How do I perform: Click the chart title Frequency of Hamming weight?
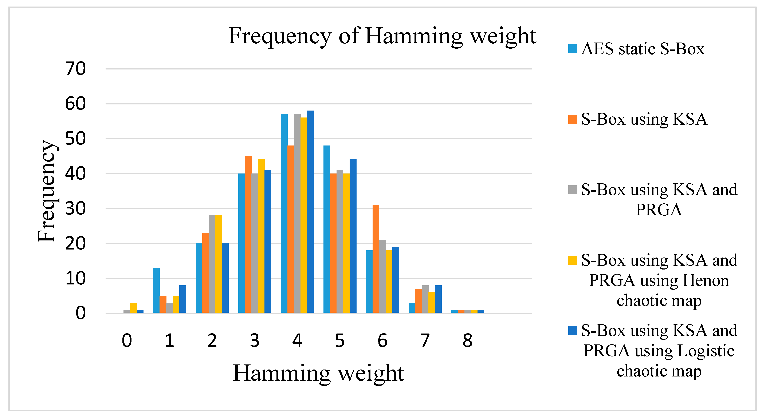(x=382, y=36)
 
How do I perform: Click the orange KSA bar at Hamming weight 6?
(x=376, y=259)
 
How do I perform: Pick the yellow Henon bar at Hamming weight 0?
(x=134, y=308)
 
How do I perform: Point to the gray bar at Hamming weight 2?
(x=212, y=264)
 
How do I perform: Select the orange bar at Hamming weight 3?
(x=248, y=234)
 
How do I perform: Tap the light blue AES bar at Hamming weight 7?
(x=412, y=308)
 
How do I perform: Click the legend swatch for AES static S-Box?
(x=572, y=49)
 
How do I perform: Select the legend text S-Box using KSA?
(x=644, y=119)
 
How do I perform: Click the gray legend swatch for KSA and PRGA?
(x=572, y=189)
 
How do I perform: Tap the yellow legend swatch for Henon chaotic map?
(x=572, y=260)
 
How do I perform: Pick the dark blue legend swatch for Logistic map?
(x=572, y=330)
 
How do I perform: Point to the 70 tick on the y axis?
(x=75, y=69)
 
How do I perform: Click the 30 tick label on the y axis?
(x=75, y=209)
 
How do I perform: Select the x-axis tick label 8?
(x=467, y=340)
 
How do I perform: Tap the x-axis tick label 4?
(x=297, y=340)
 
